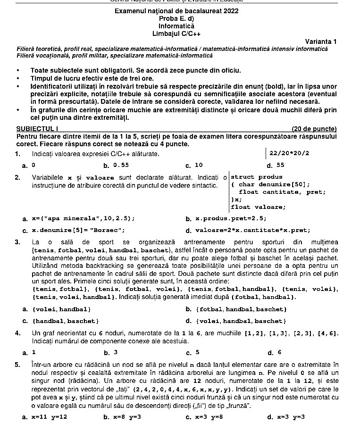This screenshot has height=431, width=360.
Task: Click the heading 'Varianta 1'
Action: tap(321, 41)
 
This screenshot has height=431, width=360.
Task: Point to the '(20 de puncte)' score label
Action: tap(314, 128)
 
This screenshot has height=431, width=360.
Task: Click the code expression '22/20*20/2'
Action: tap(289, 154)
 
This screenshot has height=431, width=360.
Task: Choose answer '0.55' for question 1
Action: tap(121, 166)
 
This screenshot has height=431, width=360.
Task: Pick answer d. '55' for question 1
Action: tap(280, 166)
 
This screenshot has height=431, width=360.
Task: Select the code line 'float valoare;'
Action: tap(258, 207)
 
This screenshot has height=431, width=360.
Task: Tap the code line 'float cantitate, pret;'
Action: tap(282, 192)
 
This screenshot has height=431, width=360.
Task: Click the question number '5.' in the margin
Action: tap(17, 365)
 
